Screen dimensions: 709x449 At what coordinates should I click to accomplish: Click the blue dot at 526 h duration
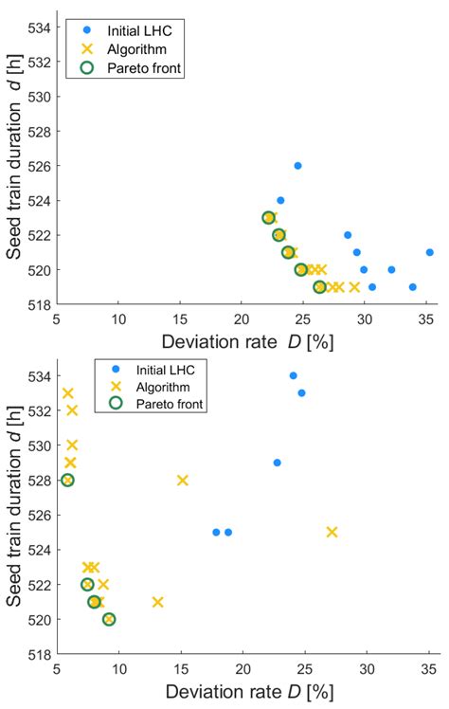pos(297,166)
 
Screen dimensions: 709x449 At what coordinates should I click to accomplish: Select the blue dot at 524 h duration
pos(280,200)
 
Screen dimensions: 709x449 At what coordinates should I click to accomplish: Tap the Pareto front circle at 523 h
pos(269,218)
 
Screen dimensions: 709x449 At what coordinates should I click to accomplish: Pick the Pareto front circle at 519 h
pos(320,286)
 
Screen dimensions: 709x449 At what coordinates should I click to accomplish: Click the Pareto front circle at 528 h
pos(67,480)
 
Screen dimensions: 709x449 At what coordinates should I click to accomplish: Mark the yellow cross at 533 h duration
pos(67,393)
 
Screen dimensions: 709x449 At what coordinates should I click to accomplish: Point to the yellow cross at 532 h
pos(72,410)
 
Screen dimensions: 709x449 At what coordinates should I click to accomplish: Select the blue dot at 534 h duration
pos(293,375)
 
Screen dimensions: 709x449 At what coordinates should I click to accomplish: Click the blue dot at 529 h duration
pos(277,463)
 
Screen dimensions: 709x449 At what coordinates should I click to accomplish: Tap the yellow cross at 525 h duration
pos(332,532)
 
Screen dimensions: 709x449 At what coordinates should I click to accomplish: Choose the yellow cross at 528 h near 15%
pos(183,480)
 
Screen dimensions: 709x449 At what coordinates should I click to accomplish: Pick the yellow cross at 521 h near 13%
pos(157,601)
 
